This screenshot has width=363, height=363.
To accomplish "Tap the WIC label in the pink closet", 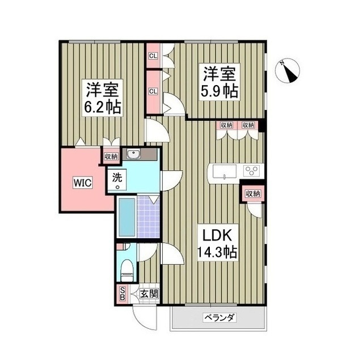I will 80,183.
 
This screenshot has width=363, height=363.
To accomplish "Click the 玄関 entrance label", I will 150,294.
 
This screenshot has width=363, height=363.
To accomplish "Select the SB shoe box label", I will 121,294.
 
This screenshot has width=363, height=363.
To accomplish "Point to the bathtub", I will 126,218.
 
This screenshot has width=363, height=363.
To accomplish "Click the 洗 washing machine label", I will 117,177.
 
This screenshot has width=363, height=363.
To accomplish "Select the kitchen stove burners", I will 251,171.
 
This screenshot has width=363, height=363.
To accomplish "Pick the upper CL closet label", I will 153,56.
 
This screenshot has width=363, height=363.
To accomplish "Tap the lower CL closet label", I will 153,91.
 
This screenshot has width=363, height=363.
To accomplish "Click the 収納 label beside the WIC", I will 110,157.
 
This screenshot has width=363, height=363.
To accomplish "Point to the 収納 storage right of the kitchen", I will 253,194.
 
